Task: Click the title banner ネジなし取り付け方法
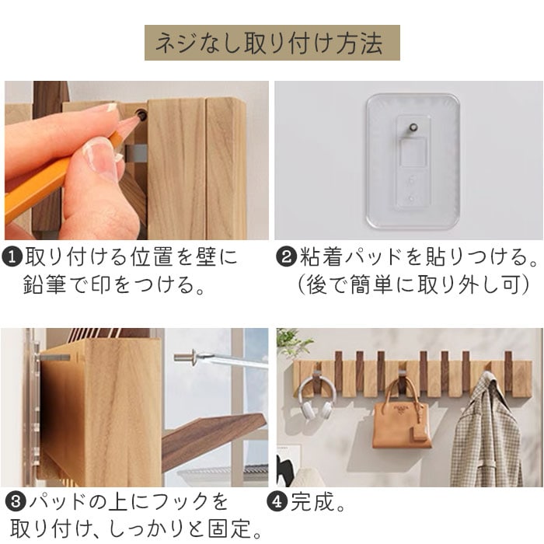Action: pyautogui.click(x=272, y=43)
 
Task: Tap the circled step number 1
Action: pyautogui.click(x=12, y=257)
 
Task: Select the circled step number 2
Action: pyautogui.click(x=285, y=257)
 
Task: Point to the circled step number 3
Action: pyautogui.click(x=16, y=502)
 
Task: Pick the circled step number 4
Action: pyautogui.click(x=277, y=502)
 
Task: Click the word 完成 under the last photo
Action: pyautogui.click(x=312, y=502)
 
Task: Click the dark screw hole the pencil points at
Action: pyautogui.click(x=141, y=113)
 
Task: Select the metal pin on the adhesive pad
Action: pyautogui.click(x=413, y=127)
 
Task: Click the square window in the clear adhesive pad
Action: pyautogui.click(x=413, y=152)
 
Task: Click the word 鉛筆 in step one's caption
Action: pyautogui.click(x=44, y=284)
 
